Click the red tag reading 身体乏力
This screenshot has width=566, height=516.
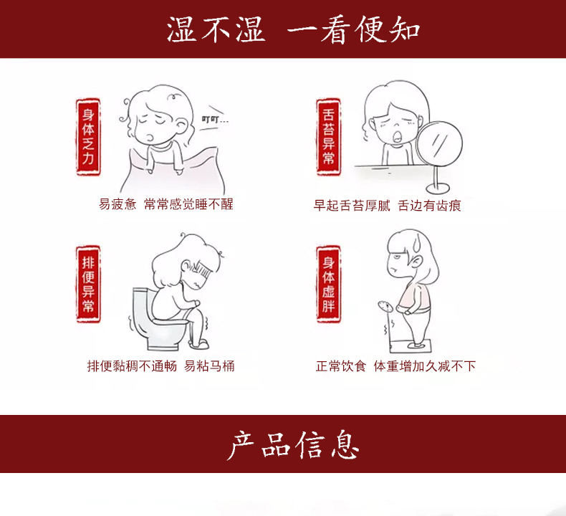pos(88,137)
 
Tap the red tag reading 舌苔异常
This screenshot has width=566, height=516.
pos(328,137)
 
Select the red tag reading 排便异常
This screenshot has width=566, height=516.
pos(88,285)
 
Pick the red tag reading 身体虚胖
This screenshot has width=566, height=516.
pos(328,285)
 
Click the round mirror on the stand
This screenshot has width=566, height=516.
pos(440,144)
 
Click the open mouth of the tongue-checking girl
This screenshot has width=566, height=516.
pos(397,136)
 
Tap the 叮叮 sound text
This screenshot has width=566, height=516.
pos(215,119)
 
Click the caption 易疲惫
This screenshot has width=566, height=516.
pos(117,204)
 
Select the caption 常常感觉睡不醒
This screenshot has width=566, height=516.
pos(188,204)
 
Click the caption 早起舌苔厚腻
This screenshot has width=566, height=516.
pos(352,206)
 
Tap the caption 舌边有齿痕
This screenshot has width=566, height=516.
pos(429,206)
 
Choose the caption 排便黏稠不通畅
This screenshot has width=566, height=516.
pos(132,366)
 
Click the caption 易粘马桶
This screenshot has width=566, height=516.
pos(209,366)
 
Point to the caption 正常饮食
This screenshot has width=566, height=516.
pos(341,366)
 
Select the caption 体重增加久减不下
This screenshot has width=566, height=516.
pos(425,366)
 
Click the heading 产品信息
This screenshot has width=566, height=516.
pos(293,444)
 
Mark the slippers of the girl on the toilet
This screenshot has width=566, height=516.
pos(199,343)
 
